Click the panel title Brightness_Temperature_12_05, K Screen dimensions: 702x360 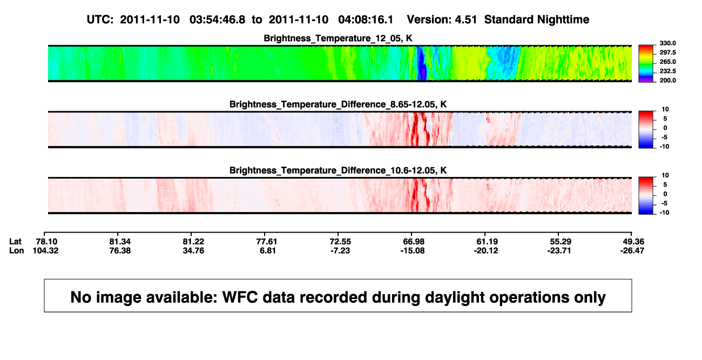pos(338,38)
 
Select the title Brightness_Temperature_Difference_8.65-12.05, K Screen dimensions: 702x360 pos(338,104)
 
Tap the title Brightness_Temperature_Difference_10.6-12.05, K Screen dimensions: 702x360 pos(338,171)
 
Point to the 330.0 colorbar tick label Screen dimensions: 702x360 pos(667,43)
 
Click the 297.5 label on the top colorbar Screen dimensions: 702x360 pos(667,52)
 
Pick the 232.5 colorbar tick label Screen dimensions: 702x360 pos(667,71)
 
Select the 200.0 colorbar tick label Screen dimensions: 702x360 pos(667,80)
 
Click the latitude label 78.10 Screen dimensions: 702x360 pos(46,242)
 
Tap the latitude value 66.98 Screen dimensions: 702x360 pos(413,242)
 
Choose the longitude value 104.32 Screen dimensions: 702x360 pos(45,250)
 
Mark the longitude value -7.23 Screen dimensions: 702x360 pos(340,250)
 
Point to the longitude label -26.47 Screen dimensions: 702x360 pos(632,250)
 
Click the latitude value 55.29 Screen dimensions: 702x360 pos(561,242)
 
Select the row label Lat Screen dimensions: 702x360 pos(15,242)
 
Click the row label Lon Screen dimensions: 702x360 pos(17,250)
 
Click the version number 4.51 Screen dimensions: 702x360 pos(465,20)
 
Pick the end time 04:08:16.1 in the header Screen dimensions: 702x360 pos(366,20)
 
